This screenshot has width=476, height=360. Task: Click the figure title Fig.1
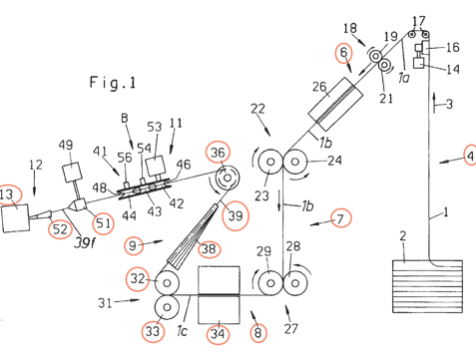(x=113, y=83)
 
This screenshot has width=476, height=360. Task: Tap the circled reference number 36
(x=218, y=153)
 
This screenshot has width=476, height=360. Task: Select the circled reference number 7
(x=340, y=218)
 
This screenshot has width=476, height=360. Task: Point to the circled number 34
(x=218, y=333)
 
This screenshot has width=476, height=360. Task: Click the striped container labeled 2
(x=427, y=286)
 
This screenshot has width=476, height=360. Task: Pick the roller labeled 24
(x=295, y=162)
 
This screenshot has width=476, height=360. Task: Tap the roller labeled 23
(x=270, y=162)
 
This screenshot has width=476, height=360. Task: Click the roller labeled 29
(x=270, y=283)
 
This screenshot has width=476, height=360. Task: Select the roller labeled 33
(x=167, y=307)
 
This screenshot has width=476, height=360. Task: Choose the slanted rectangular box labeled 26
(x=335, y=104)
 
